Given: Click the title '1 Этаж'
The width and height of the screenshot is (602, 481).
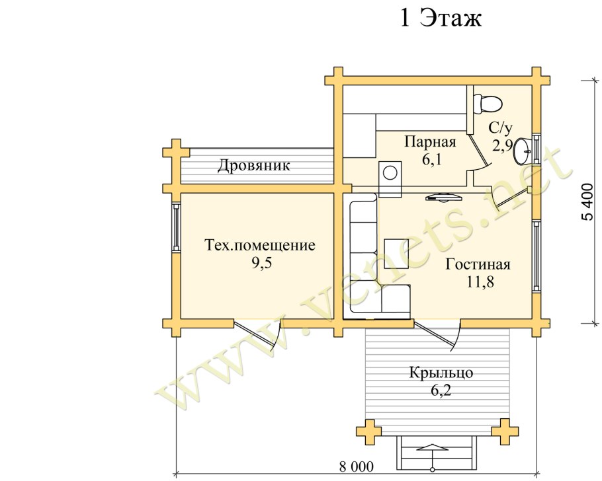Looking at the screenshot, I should pyautogui.click(x=441, y=18).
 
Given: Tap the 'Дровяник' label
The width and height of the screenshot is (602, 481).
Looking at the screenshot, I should pyautogui.click(x=254, y=165).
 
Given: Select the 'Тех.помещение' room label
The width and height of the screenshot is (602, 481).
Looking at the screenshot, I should pyautogui.click(x=258, y=246).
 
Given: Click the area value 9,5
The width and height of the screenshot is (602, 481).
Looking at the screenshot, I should pyautogui.click(x=258, y=263).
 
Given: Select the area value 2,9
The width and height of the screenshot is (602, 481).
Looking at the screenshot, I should pyautogui.click(x=501, y=145).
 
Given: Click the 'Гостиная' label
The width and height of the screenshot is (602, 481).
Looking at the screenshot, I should pyautogui.click(x=478, y=265).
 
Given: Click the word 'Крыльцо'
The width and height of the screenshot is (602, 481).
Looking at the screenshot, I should pyautogui.click(x=440, y=373).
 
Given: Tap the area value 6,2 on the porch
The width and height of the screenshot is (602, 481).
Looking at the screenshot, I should pyautogui.click(x=440, y=390).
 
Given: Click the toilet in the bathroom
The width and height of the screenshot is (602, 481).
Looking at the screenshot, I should pyautogui.click(x=488, y=102).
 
